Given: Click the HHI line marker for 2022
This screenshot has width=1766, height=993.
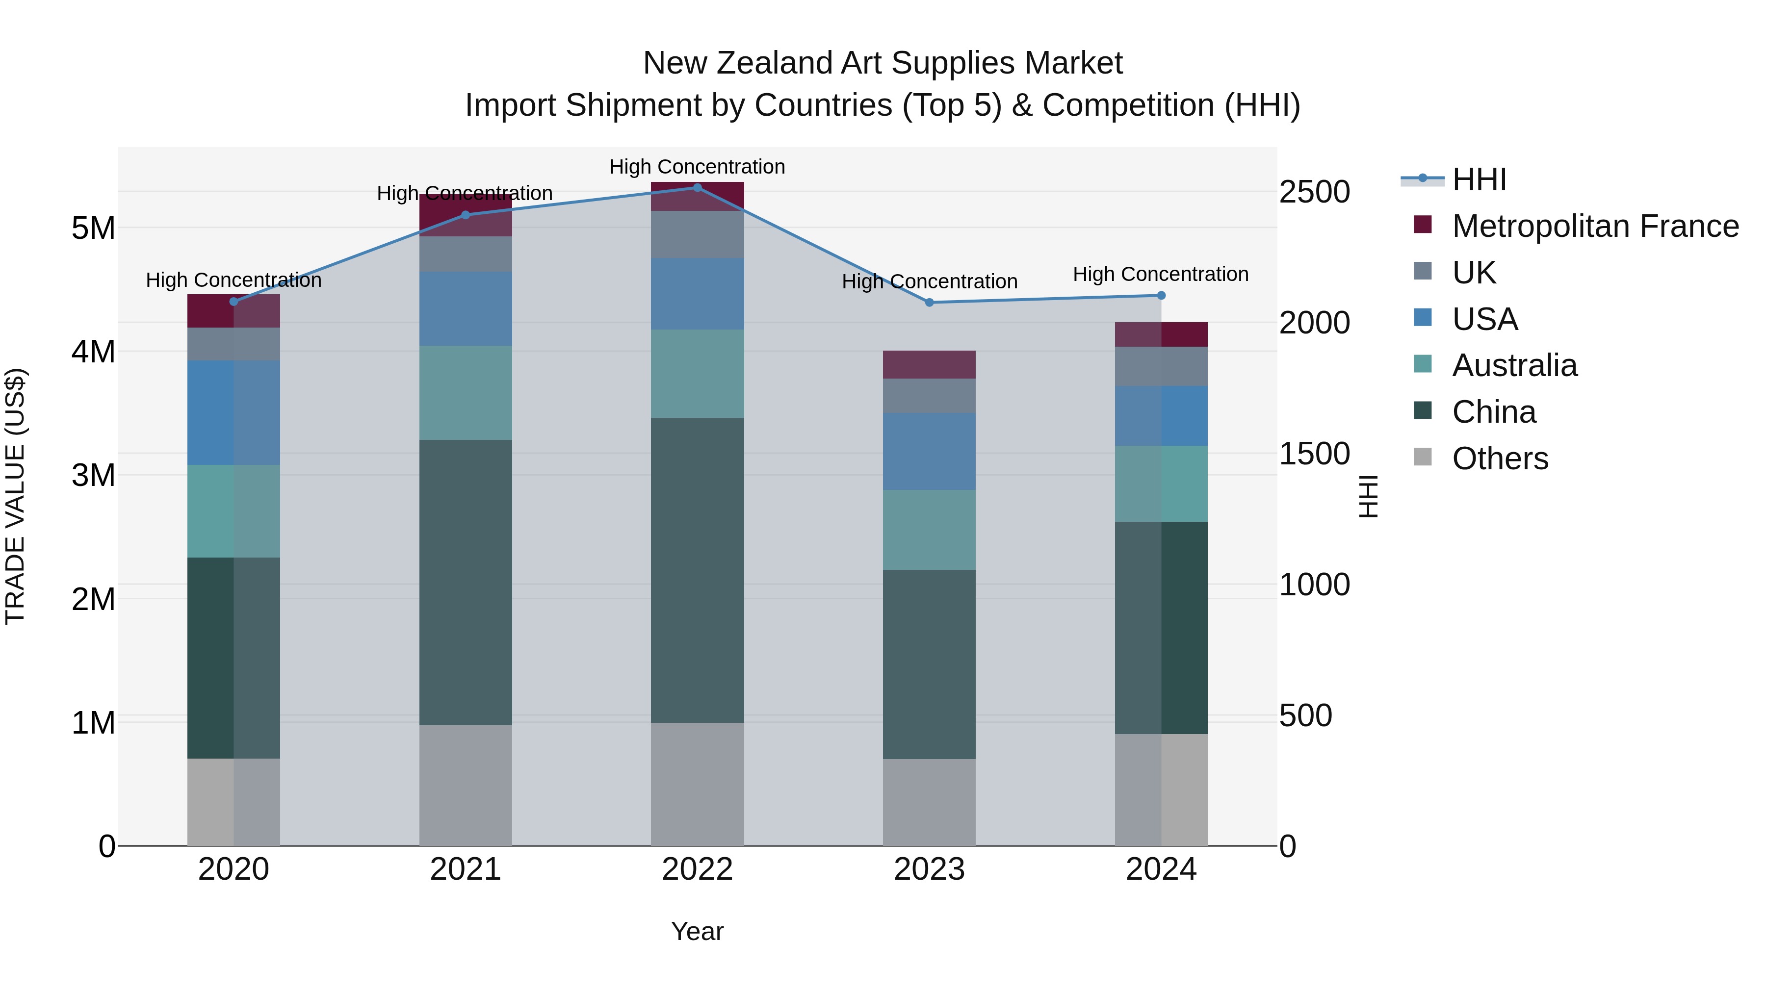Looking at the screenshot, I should tap(697, 187).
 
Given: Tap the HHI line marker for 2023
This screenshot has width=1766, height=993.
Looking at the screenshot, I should tap(930, 302).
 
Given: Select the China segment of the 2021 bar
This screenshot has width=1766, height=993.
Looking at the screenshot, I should tap(466, 583).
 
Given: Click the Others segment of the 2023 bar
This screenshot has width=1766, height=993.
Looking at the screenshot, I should tap(929, 802).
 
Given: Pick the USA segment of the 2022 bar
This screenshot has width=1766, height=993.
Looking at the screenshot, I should tap(697, 293).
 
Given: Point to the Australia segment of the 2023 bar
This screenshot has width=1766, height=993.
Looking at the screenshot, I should tap(929, 530).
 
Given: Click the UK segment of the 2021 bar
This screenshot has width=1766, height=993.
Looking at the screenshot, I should tap(466, 254).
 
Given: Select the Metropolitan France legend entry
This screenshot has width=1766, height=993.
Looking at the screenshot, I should tap(1595, 226).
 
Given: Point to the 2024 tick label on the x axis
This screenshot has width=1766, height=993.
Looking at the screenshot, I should tap(1161, 869).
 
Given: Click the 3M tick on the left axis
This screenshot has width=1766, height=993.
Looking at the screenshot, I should tap(94, 475).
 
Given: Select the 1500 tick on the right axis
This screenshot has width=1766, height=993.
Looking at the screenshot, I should tap(1314, 454).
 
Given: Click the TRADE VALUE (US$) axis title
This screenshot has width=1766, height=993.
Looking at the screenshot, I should tap(15, 496).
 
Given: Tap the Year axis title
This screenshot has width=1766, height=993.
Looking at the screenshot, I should tap(697, 931).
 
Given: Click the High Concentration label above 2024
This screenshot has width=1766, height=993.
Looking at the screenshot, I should tap(1160, 274).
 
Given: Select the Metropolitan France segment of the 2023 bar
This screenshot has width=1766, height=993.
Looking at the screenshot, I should tap(929, 364).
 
